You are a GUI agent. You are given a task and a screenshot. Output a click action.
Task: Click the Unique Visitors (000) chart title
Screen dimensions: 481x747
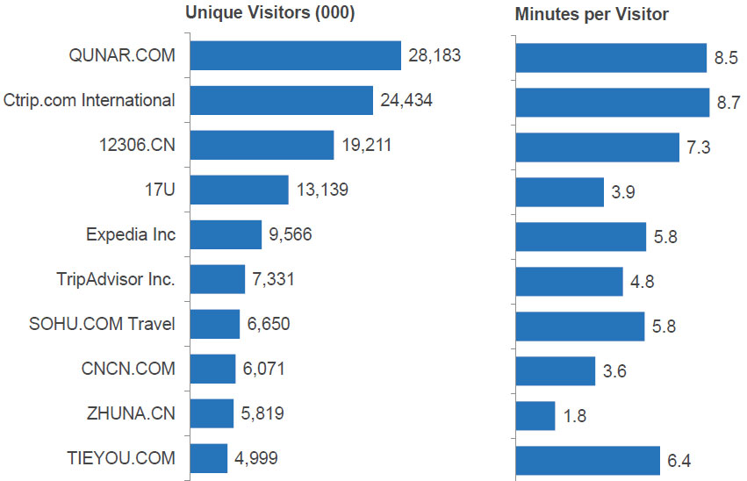coord(269,13)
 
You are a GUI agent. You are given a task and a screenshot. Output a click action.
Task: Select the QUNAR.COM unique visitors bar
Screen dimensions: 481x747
coord(295,56)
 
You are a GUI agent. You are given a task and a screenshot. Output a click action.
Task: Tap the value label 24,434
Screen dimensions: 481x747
coord(406,100)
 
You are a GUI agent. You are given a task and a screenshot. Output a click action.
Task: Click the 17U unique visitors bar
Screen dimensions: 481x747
coord(239,190)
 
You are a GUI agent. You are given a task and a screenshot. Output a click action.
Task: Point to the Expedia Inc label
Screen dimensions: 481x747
coord(131,234)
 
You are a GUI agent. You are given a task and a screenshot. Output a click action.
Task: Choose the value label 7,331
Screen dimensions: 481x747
coord(273,280)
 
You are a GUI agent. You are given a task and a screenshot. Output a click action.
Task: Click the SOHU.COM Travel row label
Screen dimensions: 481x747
coord(102,324)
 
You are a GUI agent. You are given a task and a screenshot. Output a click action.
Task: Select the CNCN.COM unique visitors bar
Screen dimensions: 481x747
coord(212,369)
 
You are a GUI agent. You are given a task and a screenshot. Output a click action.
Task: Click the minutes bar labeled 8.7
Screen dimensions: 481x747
coord(612,101)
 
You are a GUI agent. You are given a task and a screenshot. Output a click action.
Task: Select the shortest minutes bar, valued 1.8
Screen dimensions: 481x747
coord(535,414)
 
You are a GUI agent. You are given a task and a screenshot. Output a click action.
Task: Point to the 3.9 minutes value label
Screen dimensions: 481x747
coord(623,190)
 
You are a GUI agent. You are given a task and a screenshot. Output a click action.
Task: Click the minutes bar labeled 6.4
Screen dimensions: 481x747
coord(587,459)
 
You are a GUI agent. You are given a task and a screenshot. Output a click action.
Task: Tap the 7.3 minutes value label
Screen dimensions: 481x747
coord(699,147)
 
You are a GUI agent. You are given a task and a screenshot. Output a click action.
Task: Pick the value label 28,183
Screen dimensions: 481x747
coord(435,56)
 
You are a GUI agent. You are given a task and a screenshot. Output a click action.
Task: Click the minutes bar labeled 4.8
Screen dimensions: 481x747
coord(569,281)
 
